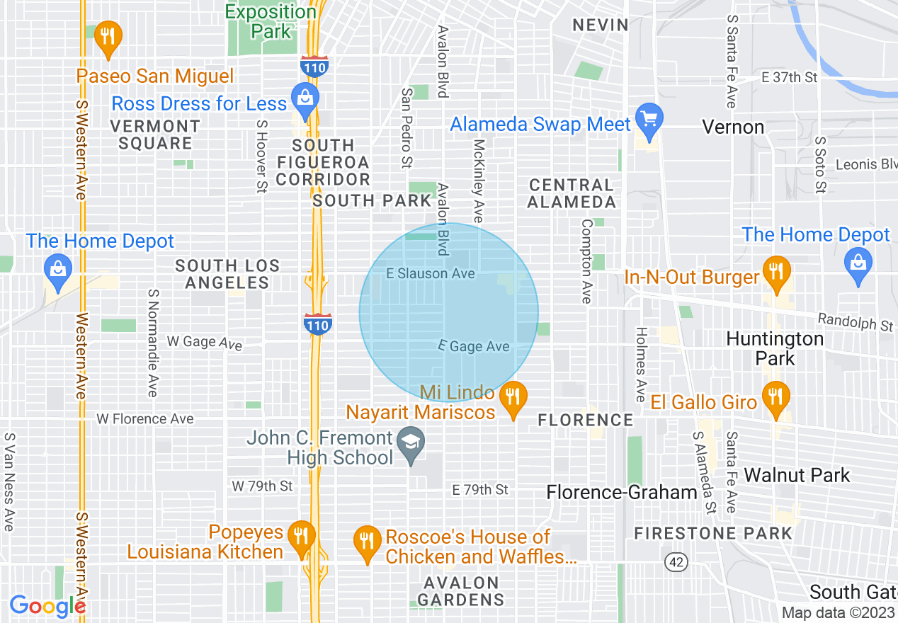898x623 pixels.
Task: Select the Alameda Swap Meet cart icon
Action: (649, 118)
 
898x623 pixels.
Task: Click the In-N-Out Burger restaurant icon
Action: (777, 271)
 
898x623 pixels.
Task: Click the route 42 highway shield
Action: (676, 561)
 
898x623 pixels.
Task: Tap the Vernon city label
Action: (733, 127)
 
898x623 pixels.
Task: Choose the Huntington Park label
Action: (775, 348)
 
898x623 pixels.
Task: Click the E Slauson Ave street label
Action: (431, 273)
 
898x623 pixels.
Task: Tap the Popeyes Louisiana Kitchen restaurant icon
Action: (302, 536)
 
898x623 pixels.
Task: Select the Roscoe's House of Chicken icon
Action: (366, 542)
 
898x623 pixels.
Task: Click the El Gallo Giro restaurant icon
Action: (777, 396)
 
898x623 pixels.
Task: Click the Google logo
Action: (47, 606)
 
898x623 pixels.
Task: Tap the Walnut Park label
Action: (797, 475)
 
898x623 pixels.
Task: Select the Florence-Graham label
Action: (623, 492)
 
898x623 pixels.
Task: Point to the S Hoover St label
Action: (261, 156)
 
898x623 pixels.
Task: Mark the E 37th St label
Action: (789, 77)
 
